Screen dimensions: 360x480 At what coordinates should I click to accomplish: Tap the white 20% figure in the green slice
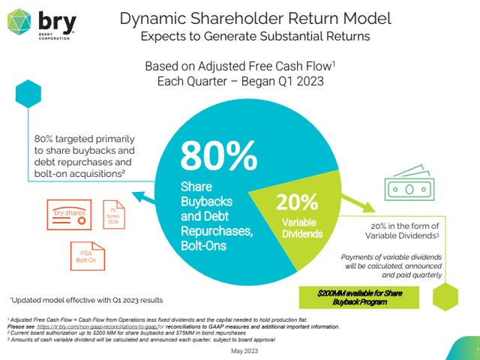[x=298, y=202]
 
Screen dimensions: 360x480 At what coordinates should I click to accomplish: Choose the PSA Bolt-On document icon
[x=82, y=256]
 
